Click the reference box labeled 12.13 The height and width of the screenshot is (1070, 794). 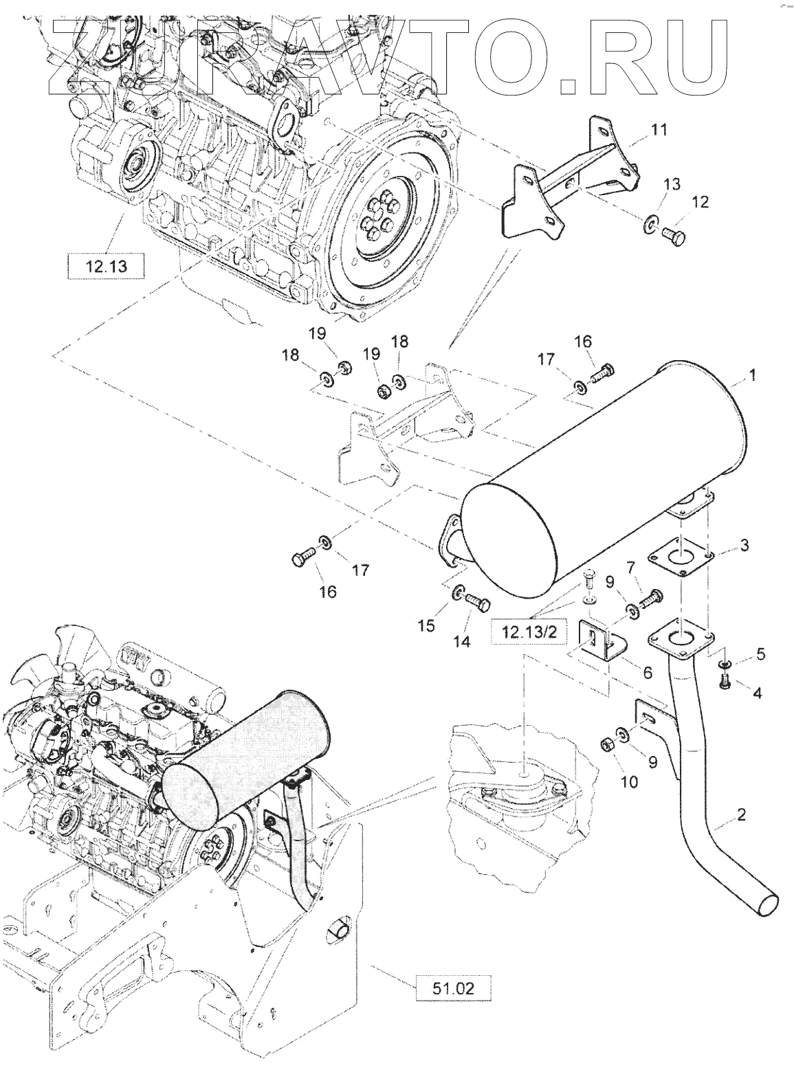(107, 266)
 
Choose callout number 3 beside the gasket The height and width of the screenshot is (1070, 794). (744, 546)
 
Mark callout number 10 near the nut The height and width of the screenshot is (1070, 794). (629, 781)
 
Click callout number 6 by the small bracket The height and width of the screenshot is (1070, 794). (647, 673)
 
